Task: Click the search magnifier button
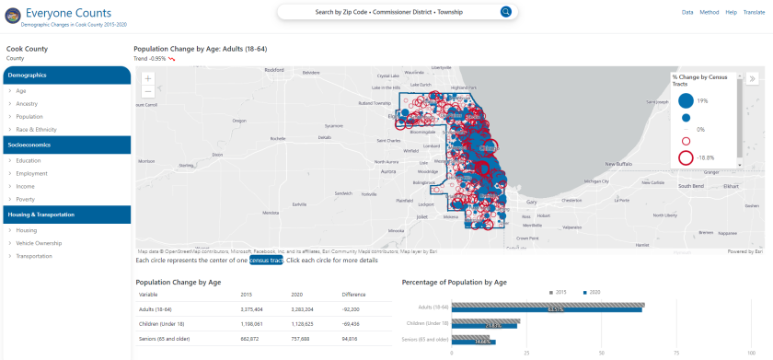(x=505, y=12)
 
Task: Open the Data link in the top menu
(x=687, y=12)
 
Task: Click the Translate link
(x=753, y=12)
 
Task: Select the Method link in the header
(x=710, y=12)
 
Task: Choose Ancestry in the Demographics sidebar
(x=27, y=104)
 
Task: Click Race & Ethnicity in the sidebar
(x=36, y=130)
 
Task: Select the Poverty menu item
(x=25, y=199)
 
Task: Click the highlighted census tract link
(x=266, y=261)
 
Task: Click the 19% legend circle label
(x=702, y=99)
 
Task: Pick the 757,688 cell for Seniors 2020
(x=302, y=339)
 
